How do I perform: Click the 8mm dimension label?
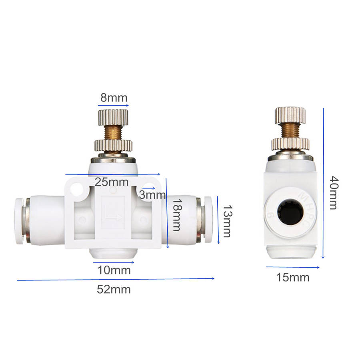(x=114, y=98)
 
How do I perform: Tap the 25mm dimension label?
(x=112, y=182)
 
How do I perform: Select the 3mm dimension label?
(x=152, y=195)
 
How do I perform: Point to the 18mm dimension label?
(x=177, y=215)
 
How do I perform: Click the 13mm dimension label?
(x=228, y=221)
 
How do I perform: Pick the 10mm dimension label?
(x=114, y=270)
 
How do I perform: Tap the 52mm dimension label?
(x=114, y=290)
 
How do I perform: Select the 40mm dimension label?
(x=334, y=193)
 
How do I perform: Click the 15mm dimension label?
(x=293, y=277)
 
